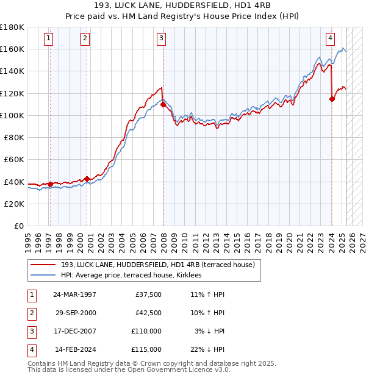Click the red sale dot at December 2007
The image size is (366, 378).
click(163, 104)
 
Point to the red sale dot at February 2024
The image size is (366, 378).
click(332, 99)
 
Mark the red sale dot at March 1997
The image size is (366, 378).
click(50, 184)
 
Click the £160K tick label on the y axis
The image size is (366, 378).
click(13, 49)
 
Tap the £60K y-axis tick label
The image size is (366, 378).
click(15, 159)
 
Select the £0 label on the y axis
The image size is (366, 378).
click(18, 226)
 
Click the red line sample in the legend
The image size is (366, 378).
click(44, 265)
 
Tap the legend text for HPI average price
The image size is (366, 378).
click(135, 276)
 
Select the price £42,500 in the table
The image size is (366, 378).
click(148, 313)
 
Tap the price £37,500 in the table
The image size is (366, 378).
click(148, 294)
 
